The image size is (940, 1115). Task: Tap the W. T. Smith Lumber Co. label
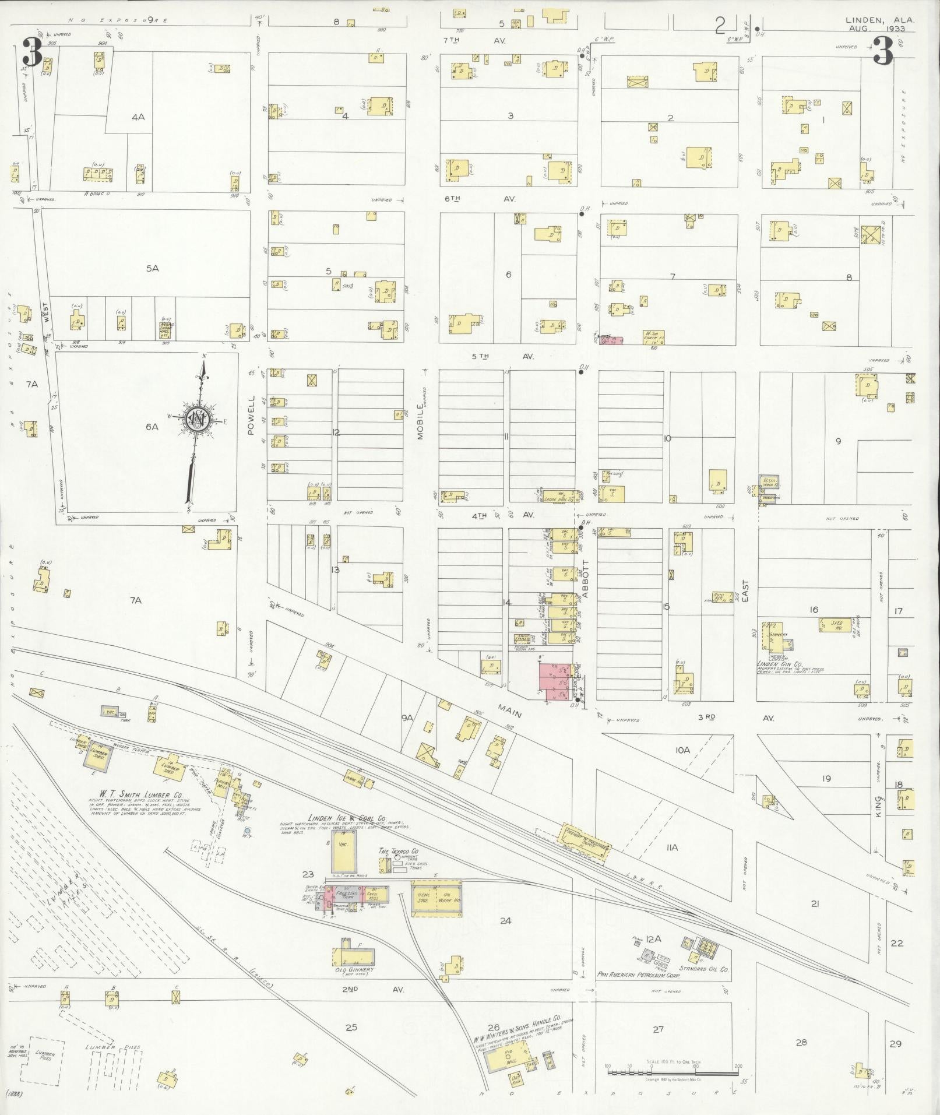point(136,794)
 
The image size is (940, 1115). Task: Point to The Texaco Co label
point(399,851)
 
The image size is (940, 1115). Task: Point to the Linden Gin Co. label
point(780,663)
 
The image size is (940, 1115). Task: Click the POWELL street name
point(252,416)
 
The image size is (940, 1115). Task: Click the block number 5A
point(152,268)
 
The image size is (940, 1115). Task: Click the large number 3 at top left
point(32,51)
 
